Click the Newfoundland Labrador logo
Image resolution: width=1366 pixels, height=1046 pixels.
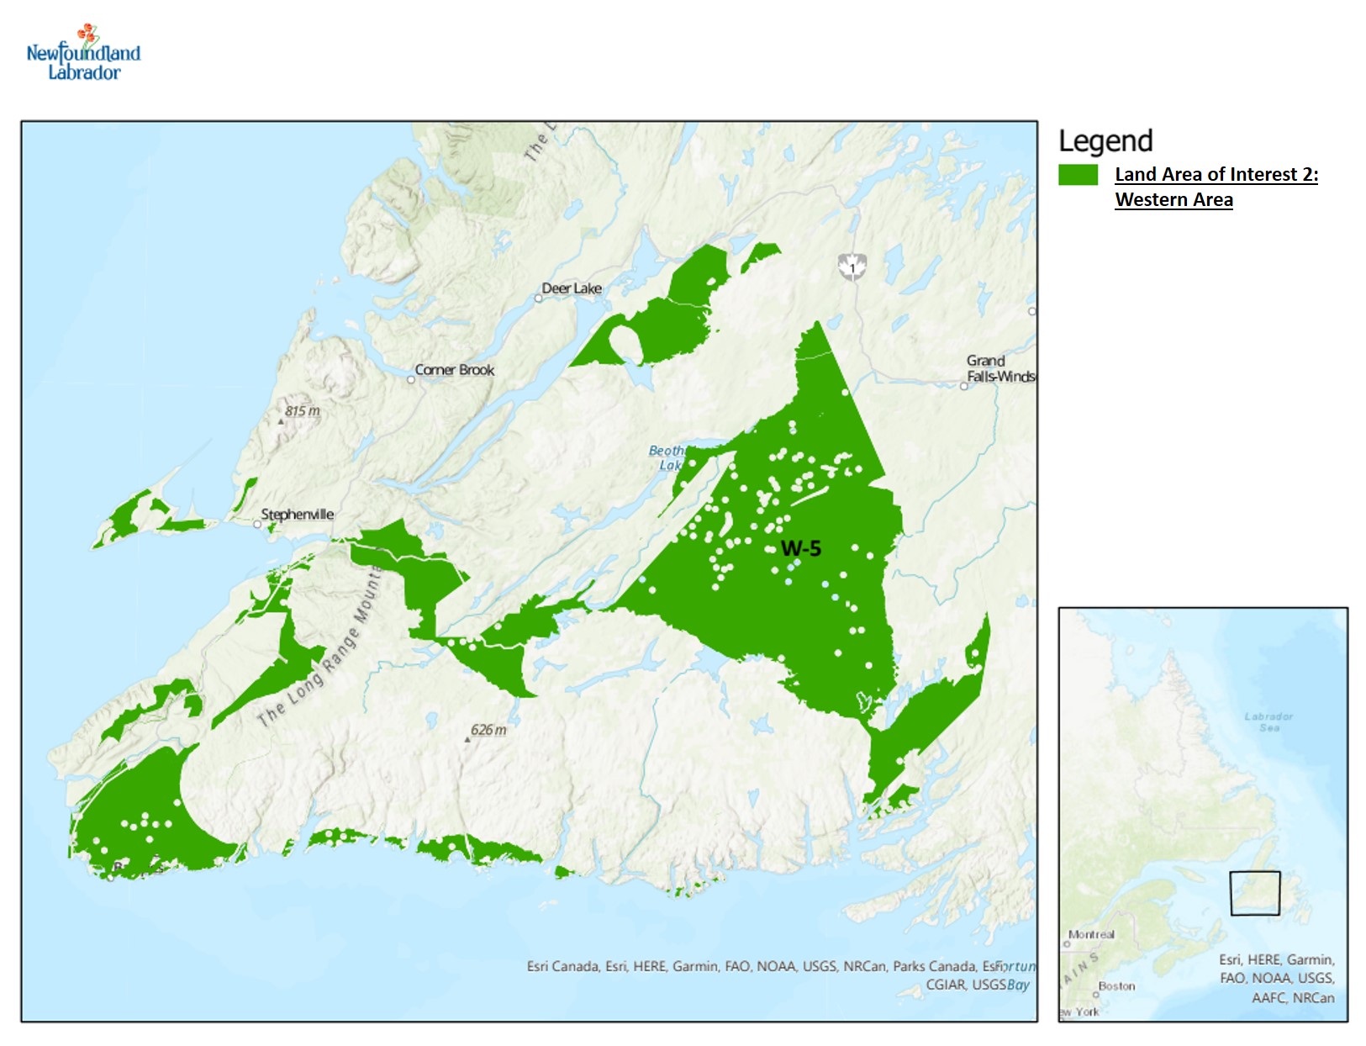(83, 54)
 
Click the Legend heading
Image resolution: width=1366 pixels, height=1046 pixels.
(1105, 141)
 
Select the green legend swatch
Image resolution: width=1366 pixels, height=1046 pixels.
(1078, 174)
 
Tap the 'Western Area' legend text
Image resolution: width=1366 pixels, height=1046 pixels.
(1173, 200)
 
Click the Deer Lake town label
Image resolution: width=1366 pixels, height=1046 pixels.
(572, 288)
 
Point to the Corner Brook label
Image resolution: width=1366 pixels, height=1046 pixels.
(455, 370)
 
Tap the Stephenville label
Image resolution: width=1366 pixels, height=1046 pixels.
(297, 514)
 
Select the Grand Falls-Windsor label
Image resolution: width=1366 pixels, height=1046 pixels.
(999, 368)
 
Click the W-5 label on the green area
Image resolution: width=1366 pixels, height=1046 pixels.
(800, 549)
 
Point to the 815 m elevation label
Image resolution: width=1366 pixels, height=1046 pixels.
(302, 411)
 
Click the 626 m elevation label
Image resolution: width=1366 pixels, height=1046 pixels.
(488, 730)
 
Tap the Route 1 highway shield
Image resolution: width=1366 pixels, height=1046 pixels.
(852, 267)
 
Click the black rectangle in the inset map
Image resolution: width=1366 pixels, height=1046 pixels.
(1255, 893)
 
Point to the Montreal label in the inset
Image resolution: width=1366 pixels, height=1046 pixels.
(1091, 934)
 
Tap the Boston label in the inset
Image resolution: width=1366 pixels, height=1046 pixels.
(1116, 985)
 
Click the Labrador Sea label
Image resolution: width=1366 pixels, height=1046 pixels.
(1268, 721)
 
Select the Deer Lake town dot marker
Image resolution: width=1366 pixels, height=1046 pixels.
(538, 298)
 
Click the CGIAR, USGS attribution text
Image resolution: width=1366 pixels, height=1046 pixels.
(965, 985)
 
